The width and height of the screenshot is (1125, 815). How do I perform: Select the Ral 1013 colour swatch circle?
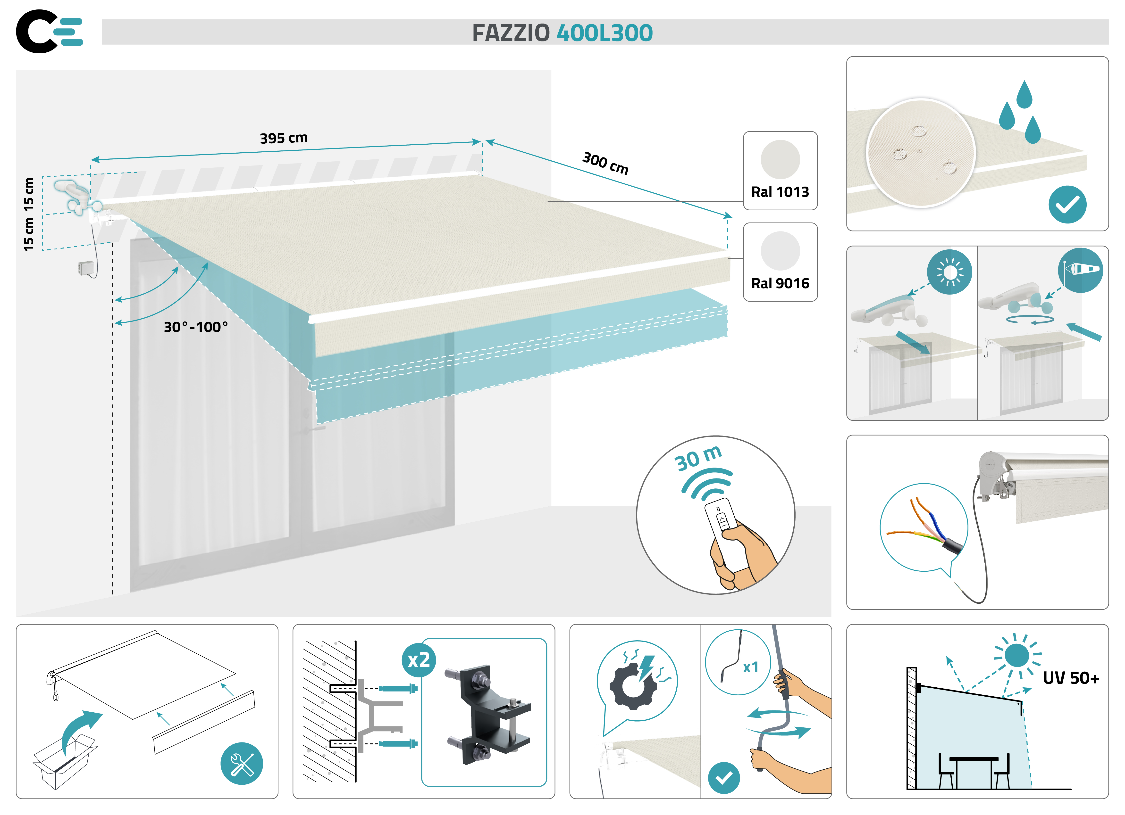pyautogui.click(x=780, y=160)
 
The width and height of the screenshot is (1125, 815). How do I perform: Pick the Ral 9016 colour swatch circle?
pyautogui.click(x=780, y=251)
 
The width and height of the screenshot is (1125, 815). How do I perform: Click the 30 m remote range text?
pyautogui.click(x=698, y=459)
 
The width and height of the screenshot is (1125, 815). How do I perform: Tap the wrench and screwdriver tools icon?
pyautogui.click(x=242, y=764)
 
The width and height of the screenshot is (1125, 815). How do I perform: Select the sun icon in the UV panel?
pyautogui.click(x=1017, y=655)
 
